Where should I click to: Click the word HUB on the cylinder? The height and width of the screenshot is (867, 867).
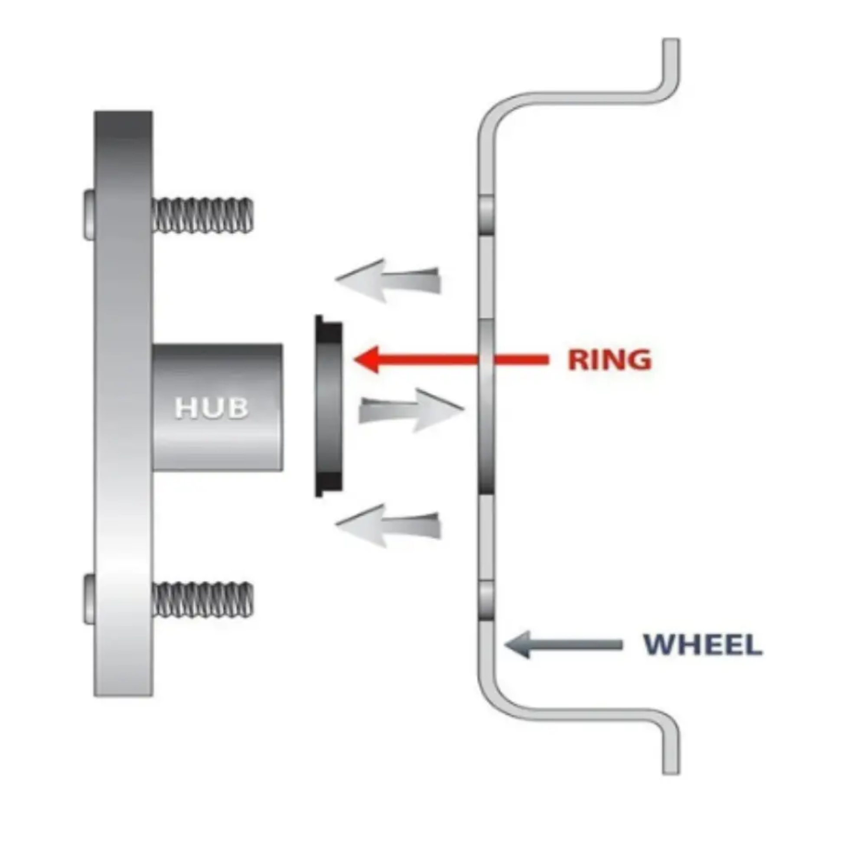click(x=211, y=408)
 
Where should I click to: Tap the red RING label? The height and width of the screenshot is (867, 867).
click(x=610, y=360)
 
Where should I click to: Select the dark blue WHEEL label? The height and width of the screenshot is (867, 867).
click(x=703, y=645)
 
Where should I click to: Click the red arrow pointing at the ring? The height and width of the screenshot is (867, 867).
click(x=451, y=359)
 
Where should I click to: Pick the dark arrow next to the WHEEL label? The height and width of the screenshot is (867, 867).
click(x=564, y=645)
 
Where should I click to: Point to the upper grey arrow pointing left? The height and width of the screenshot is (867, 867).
click(x=388, y=280)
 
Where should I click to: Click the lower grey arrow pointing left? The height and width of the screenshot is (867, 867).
click(x=388, y=525)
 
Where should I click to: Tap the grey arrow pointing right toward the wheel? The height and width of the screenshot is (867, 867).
click(x=411, y=411)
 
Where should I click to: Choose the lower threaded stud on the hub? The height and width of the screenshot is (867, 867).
click(x=203, y=599)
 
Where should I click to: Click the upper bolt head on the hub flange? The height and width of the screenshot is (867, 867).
click(x=89, y=215)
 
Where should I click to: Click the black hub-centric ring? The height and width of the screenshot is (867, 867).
click(x=329, y=406)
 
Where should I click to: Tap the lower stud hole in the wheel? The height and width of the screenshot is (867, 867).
click(x=486, y=600)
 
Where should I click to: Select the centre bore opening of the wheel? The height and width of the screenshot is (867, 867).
click(x=486, y=407)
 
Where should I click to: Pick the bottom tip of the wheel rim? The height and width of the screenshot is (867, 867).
click(x=671, y=772)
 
